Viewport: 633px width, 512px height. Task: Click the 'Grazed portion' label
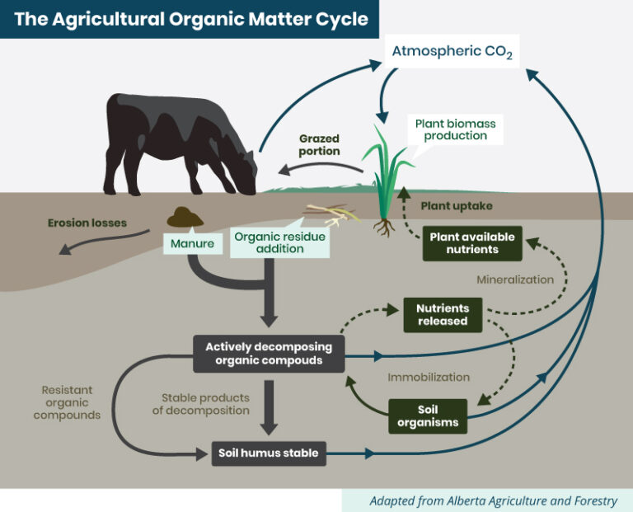coord(319,145)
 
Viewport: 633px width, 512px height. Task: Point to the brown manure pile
coord(185,217)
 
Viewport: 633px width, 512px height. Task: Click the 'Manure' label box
coord(193,243)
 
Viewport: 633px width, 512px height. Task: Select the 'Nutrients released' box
coord(442,314)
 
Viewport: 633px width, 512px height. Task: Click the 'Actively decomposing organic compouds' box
coord(267,352)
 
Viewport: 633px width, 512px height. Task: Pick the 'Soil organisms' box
coord(427,416)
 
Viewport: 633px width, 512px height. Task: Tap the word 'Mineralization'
coord(515,279)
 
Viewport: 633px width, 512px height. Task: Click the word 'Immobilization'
coord(429,378)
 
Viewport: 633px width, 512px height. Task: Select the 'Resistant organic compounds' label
coord(67,402)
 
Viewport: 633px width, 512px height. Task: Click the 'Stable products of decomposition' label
coord(200,403)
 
